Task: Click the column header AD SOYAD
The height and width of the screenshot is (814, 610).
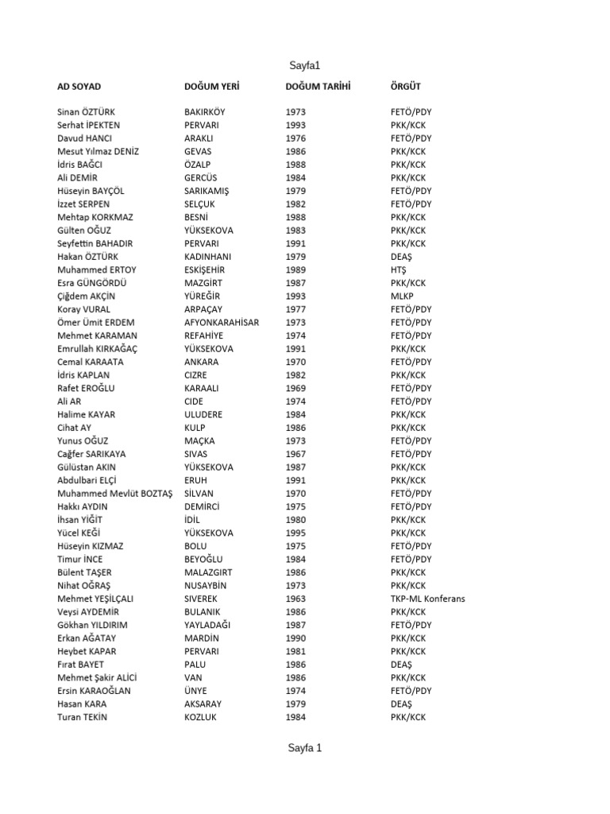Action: tap(79, 86)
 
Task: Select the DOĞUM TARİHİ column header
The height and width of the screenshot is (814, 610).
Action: tap(318, 86)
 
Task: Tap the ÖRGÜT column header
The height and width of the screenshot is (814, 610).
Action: tap(406, 86)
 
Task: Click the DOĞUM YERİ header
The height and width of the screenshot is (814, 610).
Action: tap(211, 86)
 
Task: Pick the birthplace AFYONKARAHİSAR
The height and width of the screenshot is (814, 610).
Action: tap(222, 322)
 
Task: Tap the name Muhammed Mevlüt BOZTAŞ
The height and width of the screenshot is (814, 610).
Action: tap(114, 494)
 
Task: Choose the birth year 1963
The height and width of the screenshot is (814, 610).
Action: tap(295, 599)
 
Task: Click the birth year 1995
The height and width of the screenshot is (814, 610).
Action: tap(295, 533)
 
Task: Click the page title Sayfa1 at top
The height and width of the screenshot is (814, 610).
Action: tap(305, 66)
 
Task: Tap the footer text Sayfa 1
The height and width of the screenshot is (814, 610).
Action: tap(305, 747)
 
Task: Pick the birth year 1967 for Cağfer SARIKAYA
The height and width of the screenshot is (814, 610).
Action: tap(295, 454)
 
